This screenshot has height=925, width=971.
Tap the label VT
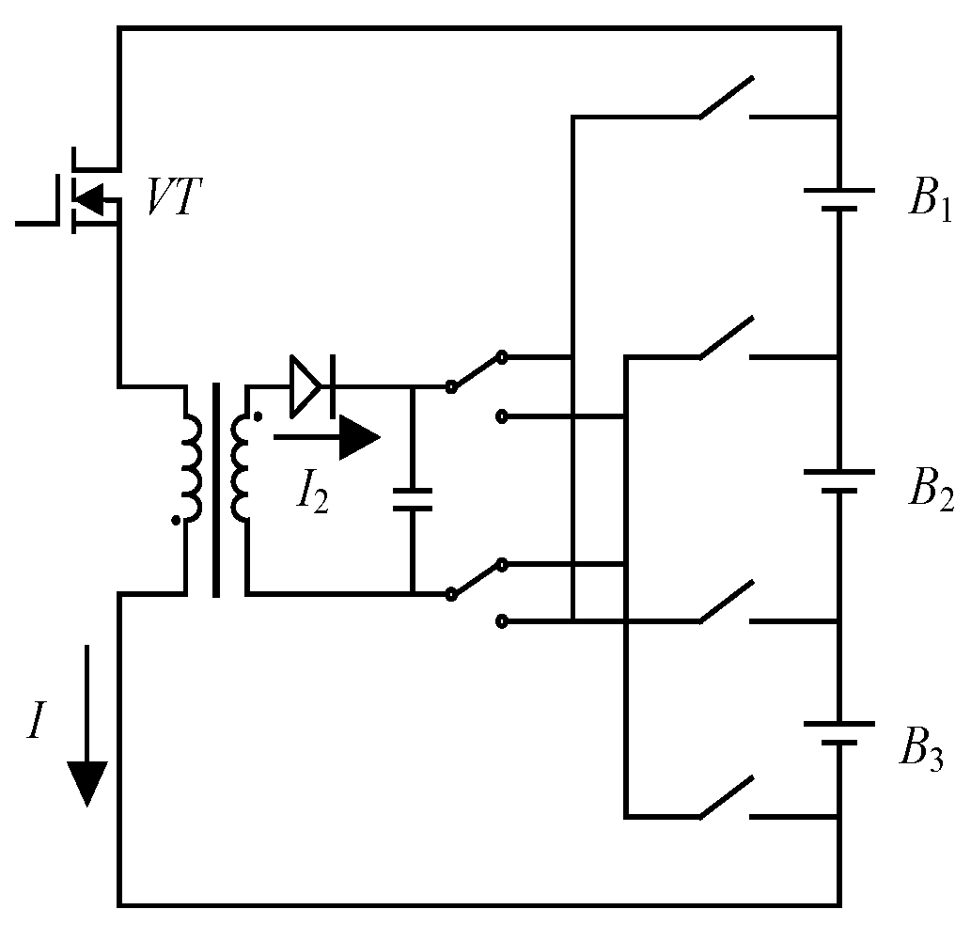tap(173, 198)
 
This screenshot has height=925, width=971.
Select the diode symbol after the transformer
tap(308, 385)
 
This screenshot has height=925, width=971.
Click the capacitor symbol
tap(412, 498)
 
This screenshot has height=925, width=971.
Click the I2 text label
tap(311, 494)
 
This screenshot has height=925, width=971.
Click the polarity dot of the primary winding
tap(176, 520)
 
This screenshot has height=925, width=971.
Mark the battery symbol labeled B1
tap(837, 199)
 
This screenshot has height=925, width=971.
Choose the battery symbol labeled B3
tap(837, 733)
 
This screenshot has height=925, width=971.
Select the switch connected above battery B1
tap(726, 100)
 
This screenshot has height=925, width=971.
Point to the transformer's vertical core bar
tap(217, 489)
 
